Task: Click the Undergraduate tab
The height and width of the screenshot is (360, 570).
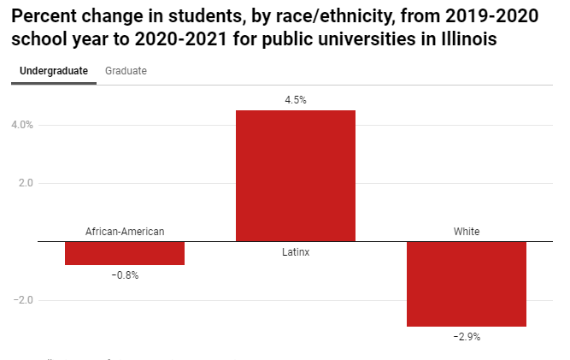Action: [x=53, y=71]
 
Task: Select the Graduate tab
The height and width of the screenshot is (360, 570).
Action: [x=126, y=71]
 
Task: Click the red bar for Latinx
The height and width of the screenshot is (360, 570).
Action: [x=296, y=175]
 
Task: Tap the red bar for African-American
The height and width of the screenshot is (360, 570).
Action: [x=125, y=253]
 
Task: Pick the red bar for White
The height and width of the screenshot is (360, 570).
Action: [x=467, y=284]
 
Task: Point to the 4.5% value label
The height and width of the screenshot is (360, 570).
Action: [x=296, y=100]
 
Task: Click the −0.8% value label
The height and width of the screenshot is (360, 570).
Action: [x=125, y=275]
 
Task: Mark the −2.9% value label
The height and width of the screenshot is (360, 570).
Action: [x=467, y=337]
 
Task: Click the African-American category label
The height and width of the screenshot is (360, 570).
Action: [x=125, y=231]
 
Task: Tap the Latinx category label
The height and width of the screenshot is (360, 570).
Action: [x=296, y=252]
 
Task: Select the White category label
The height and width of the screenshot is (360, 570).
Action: [x=467, y=231]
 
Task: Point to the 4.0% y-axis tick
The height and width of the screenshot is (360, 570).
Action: [x=23, y=125]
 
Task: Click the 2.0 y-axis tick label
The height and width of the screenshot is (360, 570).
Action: [x=26, y=183]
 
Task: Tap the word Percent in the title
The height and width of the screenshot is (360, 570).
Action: [x=45, y=17]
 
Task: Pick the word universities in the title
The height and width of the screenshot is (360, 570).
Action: [x=368, y=40]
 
